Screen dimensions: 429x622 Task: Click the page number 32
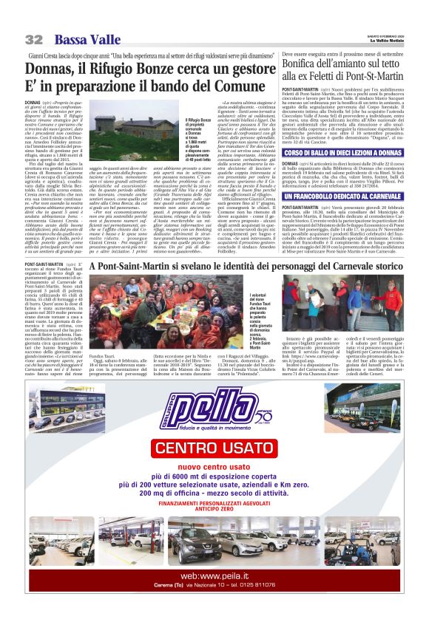33,38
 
